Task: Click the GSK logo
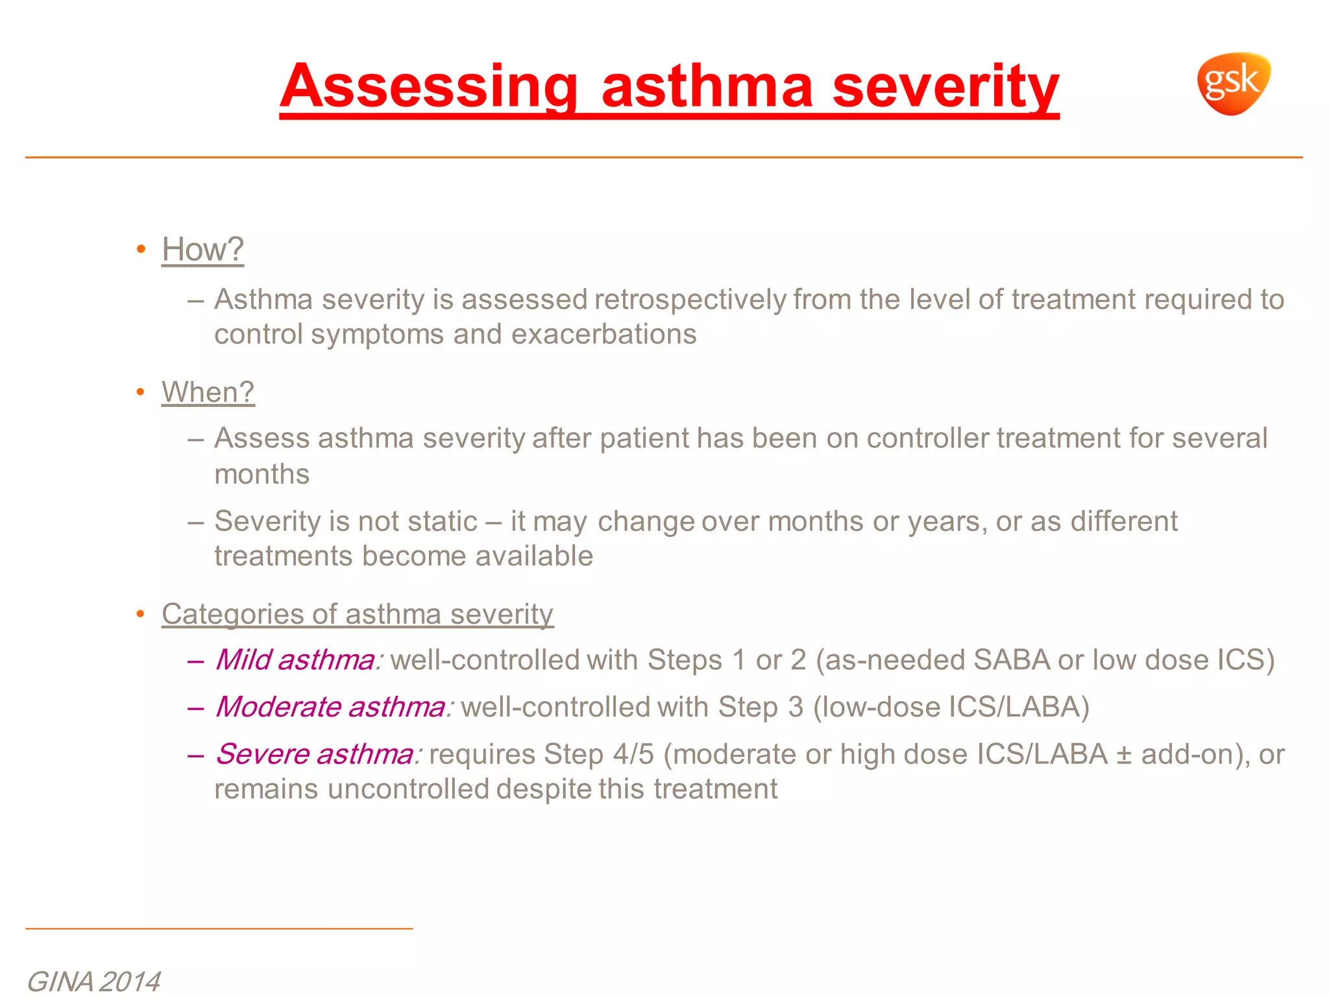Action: click(x=1233, y=83)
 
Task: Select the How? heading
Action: click(x=202, y=249)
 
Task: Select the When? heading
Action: click(x=208, y=392)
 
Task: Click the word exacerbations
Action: click(x=604, y=335)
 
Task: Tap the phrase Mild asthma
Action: click(x=296, y=660)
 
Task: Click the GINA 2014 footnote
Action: click(x=93, y=981)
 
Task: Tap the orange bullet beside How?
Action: click(x=141, y=250)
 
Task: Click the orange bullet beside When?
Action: click(x=141, y=393)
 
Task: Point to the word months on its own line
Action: click(x=262, y=474)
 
